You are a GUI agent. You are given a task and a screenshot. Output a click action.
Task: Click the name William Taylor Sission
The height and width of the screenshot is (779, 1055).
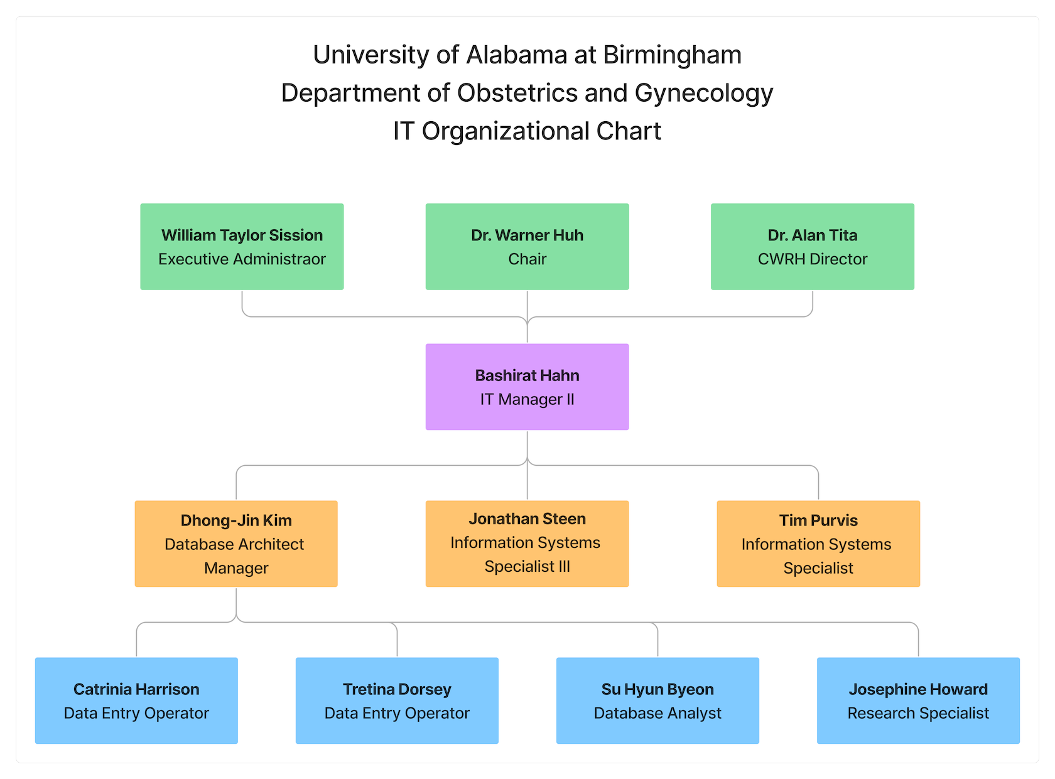coord(242,235)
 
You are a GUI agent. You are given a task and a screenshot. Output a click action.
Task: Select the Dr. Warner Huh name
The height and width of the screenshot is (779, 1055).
coord(527,235)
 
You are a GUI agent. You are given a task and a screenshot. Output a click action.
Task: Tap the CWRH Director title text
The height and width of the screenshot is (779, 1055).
coord(812,259)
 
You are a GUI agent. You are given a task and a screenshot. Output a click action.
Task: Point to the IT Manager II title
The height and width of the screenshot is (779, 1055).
coord(527,400)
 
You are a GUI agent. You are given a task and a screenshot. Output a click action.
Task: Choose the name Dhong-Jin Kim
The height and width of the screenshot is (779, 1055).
coord(236,520)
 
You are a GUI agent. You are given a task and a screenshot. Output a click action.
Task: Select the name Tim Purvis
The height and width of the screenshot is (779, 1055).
coord(818,520)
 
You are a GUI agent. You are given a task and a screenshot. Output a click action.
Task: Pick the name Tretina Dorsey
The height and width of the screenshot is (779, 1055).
coord(397,689)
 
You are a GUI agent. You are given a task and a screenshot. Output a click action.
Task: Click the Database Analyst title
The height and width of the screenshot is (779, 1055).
coord(657,713)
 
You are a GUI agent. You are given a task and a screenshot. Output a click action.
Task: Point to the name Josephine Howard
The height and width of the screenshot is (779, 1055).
coord(918,689)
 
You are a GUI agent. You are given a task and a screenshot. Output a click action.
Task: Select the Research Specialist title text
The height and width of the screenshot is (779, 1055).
coord(918,713)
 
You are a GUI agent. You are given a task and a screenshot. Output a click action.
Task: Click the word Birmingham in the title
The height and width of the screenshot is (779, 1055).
coord(672,55)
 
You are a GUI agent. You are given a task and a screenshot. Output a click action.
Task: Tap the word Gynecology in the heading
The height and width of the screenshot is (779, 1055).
coord(703,93)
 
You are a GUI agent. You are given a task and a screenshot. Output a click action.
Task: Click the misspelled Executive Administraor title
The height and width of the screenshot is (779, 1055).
coord(242,259)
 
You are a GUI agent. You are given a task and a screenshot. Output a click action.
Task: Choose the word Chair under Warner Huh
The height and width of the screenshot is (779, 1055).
coord(527,259)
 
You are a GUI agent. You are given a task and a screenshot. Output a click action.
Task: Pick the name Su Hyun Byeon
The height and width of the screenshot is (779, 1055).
coord(657,689)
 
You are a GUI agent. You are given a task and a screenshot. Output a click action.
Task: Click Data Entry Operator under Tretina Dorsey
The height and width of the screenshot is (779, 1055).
coord(397,713)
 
